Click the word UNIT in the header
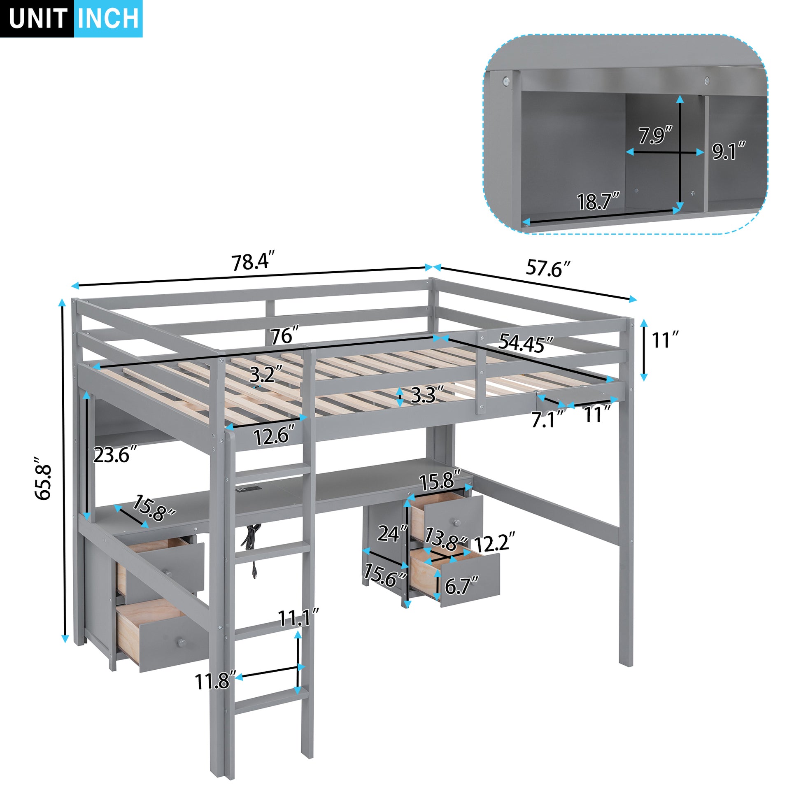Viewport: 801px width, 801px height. point(37,19)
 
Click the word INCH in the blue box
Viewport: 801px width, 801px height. point(108,19)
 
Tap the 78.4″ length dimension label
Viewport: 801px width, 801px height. point(252,262)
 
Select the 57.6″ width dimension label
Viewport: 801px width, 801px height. point(548,268)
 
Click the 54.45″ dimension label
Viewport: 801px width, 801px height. point(525,343)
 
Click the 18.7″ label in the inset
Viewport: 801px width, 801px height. point(598,202)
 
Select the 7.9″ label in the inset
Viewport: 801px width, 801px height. point(654,135)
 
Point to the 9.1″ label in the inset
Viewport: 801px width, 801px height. point(729,151)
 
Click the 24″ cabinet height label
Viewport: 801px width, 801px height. point(392,533)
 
